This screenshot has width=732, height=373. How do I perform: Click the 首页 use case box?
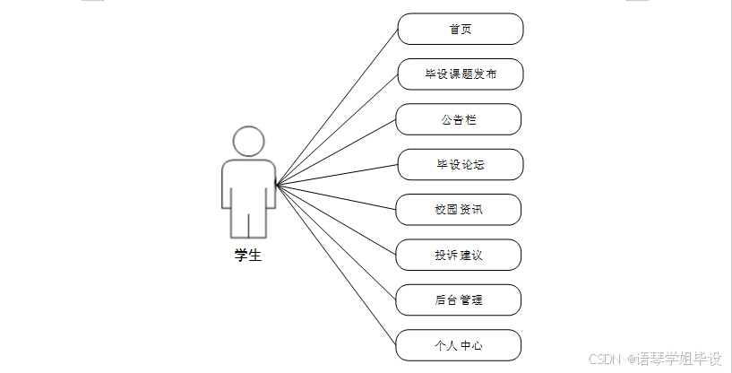460,29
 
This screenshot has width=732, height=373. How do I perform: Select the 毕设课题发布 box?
460,74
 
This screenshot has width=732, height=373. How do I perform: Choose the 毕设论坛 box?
460,164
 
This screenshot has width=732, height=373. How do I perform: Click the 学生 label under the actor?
248,256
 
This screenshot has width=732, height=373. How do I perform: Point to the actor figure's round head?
248,142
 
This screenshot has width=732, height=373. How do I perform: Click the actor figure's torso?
248,184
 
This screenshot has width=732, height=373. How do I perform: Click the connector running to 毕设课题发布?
337,130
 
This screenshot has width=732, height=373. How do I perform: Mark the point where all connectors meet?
277,186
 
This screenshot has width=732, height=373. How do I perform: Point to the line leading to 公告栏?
337,152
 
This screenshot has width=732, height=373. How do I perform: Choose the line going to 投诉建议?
337,221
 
